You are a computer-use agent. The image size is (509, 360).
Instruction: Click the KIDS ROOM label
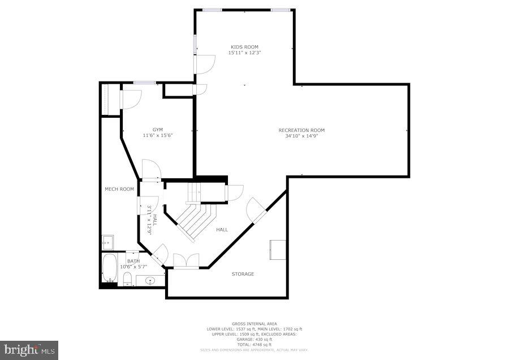(x=244, y=46)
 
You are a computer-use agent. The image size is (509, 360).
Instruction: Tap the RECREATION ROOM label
(x=301, y=130)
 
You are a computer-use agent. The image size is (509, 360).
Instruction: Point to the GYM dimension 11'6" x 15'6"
(x=157, y=135)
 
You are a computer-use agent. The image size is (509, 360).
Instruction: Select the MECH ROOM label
(x=119, y=189)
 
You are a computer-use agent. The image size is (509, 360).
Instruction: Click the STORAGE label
(x=243, y=274)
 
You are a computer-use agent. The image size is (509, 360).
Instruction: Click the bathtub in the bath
(x=109, y=268)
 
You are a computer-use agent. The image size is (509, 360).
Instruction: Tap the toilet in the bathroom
(x=127, y=278)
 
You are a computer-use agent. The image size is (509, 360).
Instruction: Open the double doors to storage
(x=186, y=262)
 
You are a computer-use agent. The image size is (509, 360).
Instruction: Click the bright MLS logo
(x=29, y=350)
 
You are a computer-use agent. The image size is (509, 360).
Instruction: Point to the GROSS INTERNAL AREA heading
(x=254, y=324)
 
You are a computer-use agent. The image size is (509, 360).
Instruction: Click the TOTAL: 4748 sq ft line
(x=254, y=345)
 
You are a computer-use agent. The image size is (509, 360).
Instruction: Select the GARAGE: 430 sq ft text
(x=254, y=340)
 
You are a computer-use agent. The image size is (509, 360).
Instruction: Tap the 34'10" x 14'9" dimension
(x=301, y=136)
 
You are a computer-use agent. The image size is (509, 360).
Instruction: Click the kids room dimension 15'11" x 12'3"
(x=244, y=53)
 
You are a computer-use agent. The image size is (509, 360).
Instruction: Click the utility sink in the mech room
(x=107, y=242)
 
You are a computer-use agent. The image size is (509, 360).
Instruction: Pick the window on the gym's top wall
(x=145, y=83)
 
